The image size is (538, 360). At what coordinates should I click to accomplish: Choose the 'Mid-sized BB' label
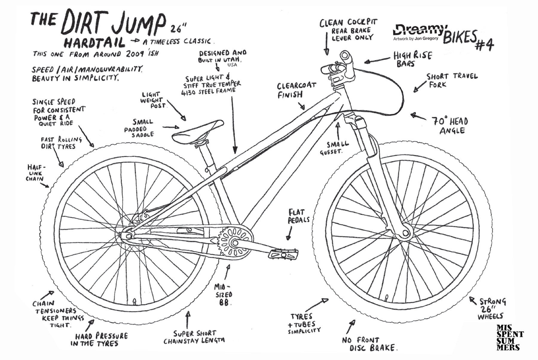tap(223, 295)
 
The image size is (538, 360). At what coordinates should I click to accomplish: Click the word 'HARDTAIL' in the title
tap(94, 43)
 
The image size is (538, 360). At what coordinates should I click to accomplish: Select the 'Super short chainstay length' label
tap(194, 337)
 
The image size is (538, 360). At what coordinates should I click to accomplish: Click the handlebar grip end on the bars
tap(345, 56)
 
